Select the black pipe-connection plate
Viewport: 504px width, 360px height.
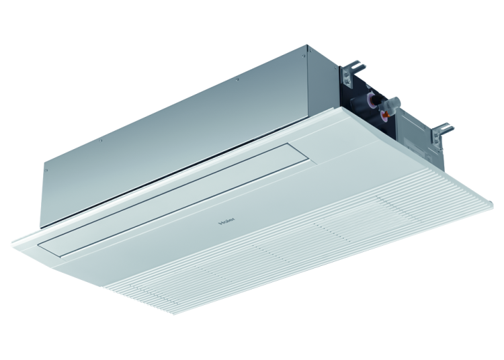click(x=366, y=94)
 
